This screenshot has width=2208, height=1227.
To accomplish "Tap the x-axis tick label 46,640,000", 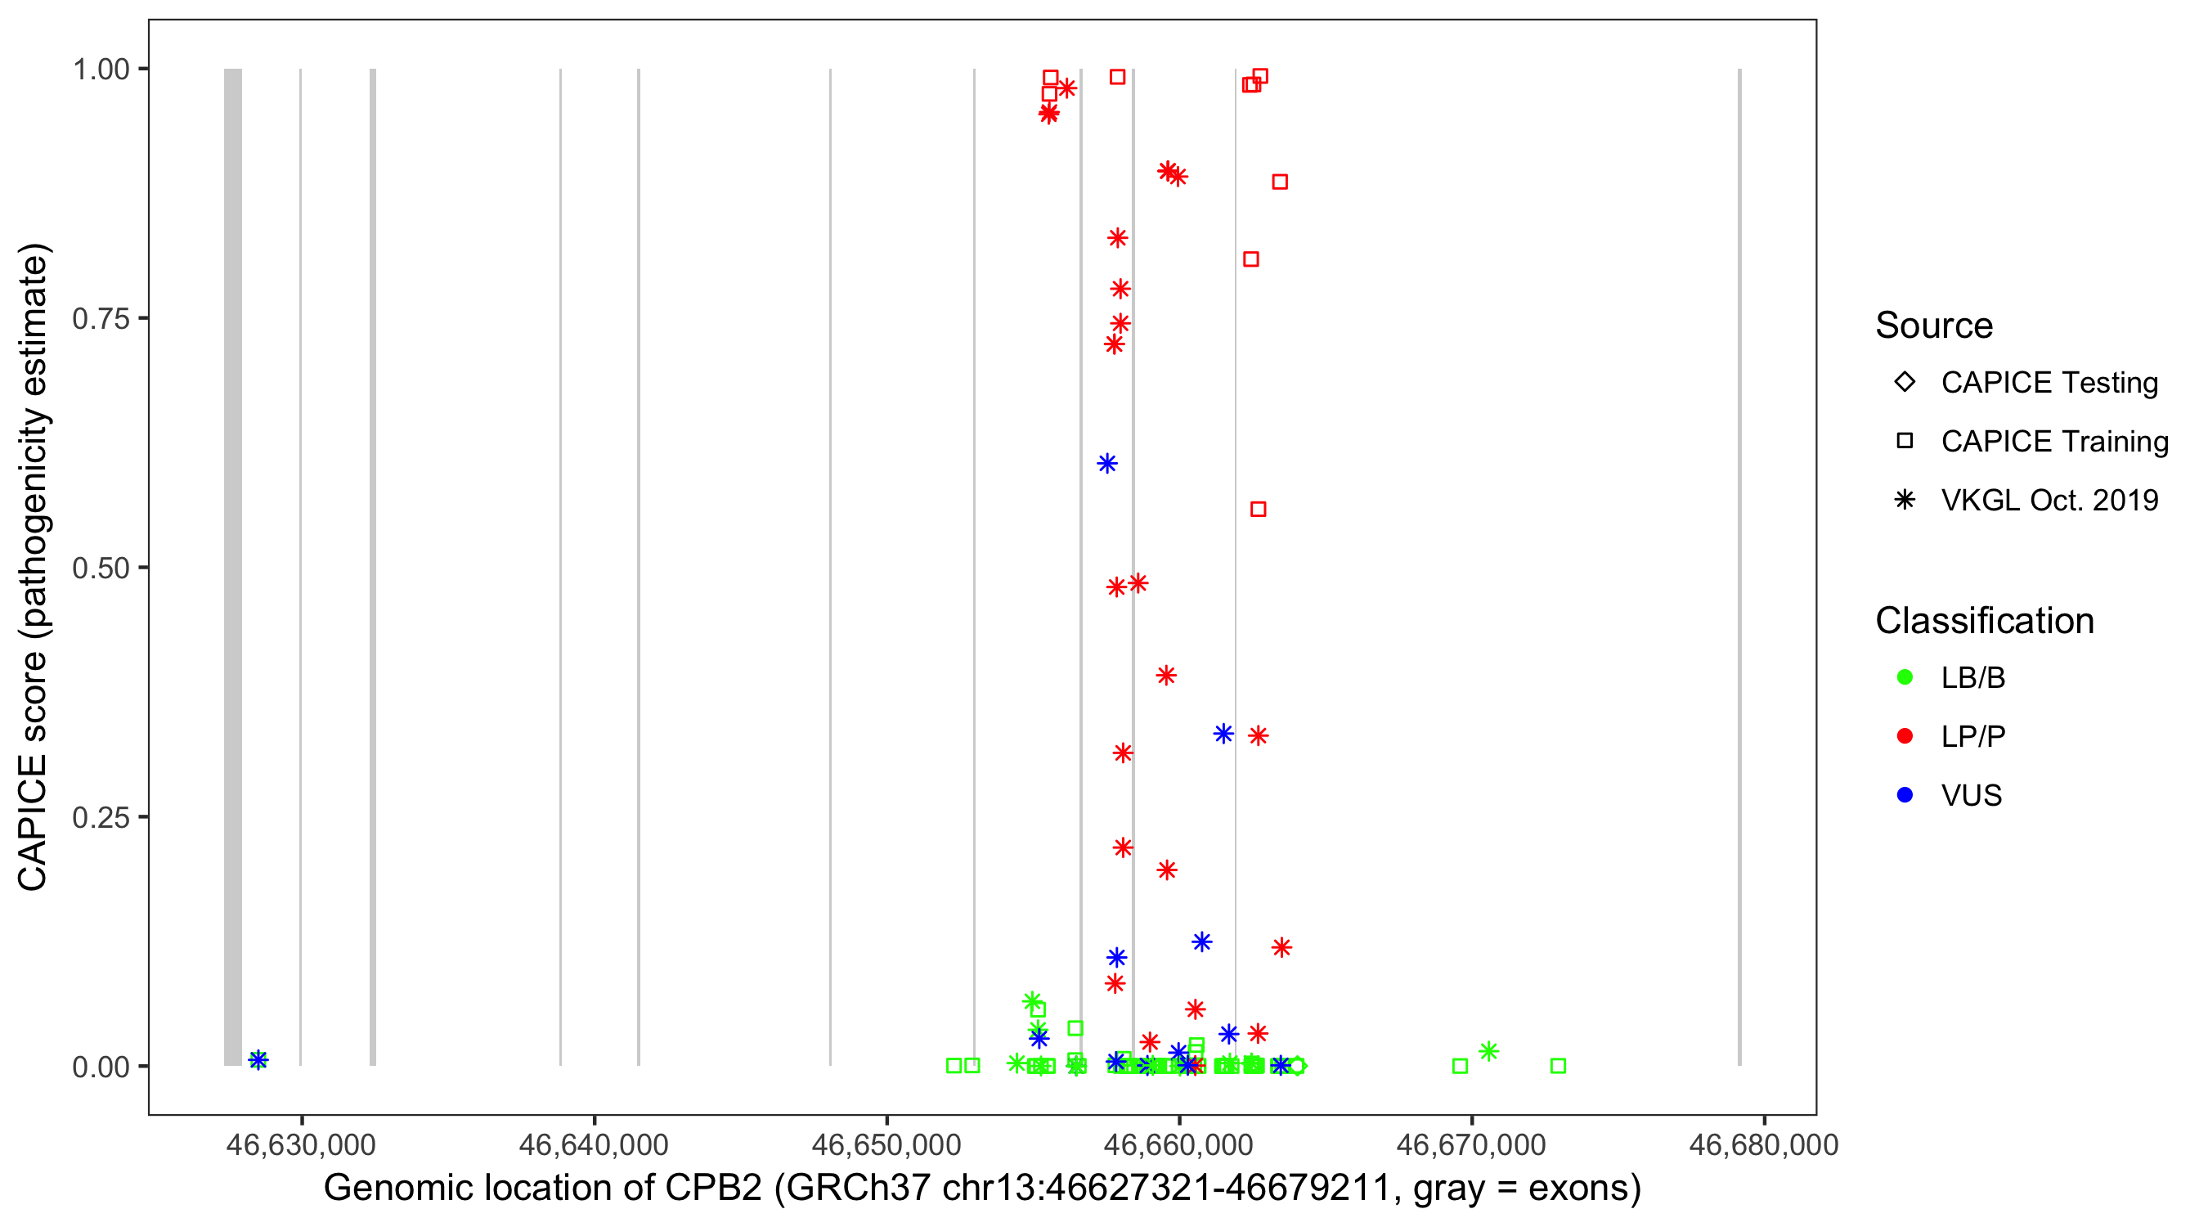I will click(x=593, y=1144).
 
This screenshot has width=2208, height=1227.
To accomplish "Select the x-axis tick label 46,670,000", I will click(x=1471, y=1144).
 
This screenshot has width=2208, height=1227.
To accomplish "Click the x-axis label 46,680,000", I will click(x=1763, y=1144).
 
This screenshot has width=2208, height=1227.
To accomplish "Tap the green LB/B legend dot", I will click(x=1905, y=677).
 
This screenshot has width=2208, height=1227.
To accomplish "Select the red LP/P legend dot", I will click(x=1905, y=736).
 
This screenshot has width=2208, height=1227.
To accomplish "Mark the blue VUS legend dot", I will click(x=1905, y=795).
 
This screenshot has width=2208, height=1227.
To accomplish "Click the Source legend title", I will click(x=1934, y=326).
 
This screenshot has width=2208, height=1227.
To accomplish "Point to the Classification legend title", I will click(x=1984, y=621).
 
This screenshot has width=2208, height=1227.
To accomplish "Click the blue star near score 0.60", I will click(x=1106, y=464).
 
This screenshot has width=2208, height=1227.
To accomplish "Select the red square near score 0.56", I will click(x=1258, y=510).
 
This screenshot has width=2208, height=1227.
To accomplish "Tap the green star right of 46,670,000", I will click(x=1488, y=1051).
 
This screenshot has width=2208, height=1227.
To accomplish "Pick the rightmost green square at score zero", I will click(x=1559, y=1066).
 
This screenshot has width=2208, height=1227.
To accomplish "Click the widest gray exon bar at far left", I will click(x=232, y=566).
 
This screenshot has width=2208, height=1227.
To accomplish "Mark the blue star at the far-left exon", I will click(x=258, y=1061).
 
